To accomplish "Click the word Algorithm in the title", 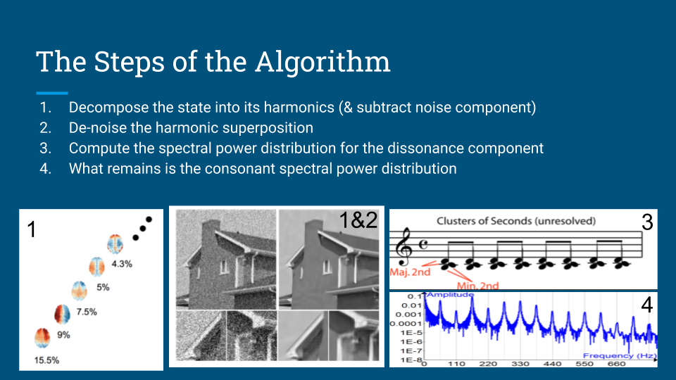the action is click(x=323, y=63).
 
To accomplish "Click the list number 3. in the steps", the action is click(x=46, y=148).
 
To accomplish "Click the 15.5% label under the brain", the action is click(x=46, y=360).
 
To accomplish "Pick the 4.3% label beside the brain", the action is click(x=122, y=264).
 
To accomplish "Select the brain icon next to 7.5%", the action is click(x=62, y=314).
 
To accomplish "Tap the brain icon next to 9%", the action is click(x=42, y=337).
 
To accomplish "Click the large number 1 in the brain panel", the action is click(x=32, y=229).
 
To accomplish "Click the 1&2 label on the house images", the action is click(x=358, y=220).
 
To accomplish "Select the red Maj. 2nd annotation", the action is click(x=410, y=272).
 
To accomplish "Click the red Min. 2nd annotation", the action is click(x=477, y=286).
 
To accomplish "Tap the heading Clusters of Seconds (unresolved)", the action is click(x=516, y=221).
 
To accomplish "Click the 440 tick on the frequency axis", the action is click(x=552, y=364).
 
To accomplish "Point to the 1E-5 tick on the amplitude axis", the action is click(x=411, y=333).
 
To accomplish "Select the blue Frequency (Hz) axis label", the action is click(x=620, y=355).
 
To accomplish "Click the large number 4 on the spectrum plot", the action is click(x=646, y=305).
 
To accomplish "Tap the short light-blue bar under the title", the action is click(x=52, y=93).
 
